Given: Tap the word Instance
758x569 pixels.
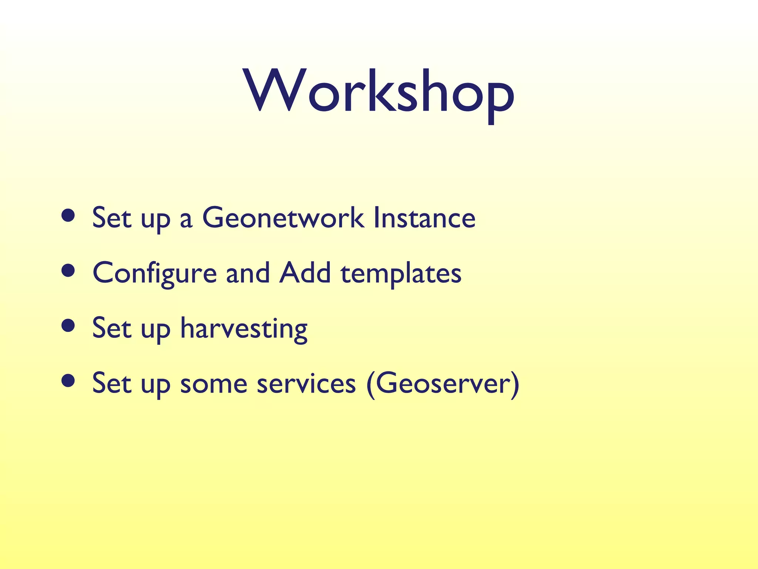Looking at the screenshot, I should tap(424, 218).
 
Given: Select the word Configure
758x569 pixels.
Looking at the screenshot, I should tap(154, 273).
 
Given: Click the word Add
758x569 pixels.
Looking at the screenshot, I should tap(305, 273).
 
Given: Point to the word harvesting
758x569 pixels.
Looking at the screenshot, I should tap(244, 329).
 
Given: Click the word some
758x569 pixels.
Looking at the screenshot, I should tap(214, 384).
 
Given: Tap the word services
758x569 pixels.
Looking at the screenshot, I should tap(306, 384).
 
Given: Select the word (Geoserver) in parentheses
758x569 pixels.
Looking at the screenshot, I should tap(443, 384).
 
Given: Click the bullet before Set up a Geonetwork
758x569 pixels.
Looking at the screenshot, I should tap(68, 216).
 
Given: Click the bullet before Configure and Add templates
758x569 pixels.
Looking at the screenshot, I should tap(68, 271).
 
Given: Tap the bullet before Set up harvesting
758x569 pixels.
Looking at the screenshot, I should tap(68, 326).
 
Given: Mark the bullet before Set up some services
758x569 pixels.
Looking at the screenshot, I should tap(68, 381).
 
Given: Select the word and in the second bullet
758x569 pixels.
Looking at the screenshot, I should tap(248, 273).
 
